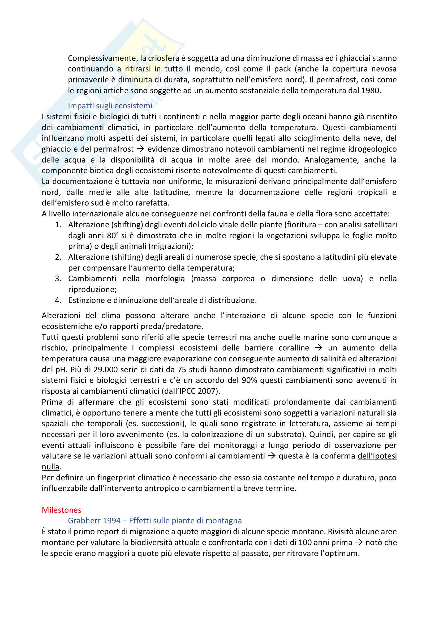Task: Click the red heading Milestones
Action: pyautogui.click(x=61, y=510)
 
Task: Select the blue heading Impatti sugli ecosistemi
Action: pyautogui.click(x=110, y=105)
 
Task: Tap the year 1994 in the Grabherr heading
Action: pyautogui.click(x=112, y=521)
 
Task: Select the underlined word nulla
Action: pyautogui.click(x=50, y=467)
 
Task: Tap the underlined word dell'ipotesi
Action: pyautogui.click(x=377, y=456)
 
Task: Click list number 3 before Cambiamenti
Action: pyautogui.click(x=58, y=279)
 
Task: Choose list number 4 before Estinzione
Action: pyautogui.click(x=58, y=300)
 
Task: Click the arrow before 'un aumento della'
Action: pyautogui.click(x=319, y=348)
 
